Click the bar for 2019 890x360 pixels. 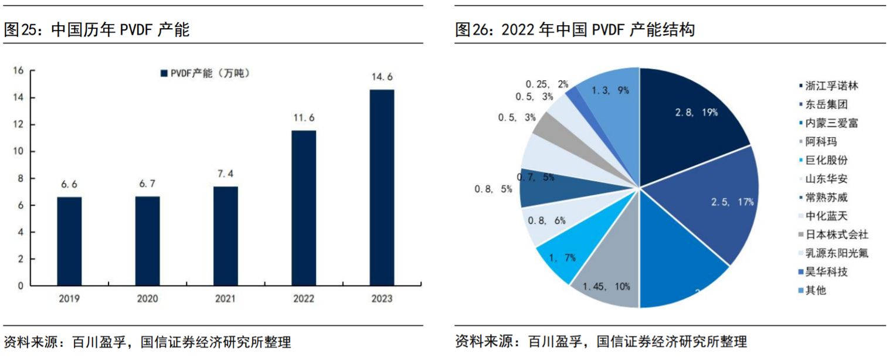[69, 241]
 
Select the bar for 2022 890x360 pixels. [303, 208]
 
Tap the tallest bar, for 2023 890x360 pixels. [381, 188]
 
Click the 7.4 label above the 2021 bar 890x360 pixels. [225, 174]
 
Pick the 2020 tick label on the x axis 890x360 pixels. [147, 298]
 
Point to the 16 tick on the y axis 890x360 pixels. [18, 71]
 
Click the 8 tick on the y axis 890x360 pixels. [20, 178]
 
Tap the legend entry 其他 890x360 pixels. [816, 290]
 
